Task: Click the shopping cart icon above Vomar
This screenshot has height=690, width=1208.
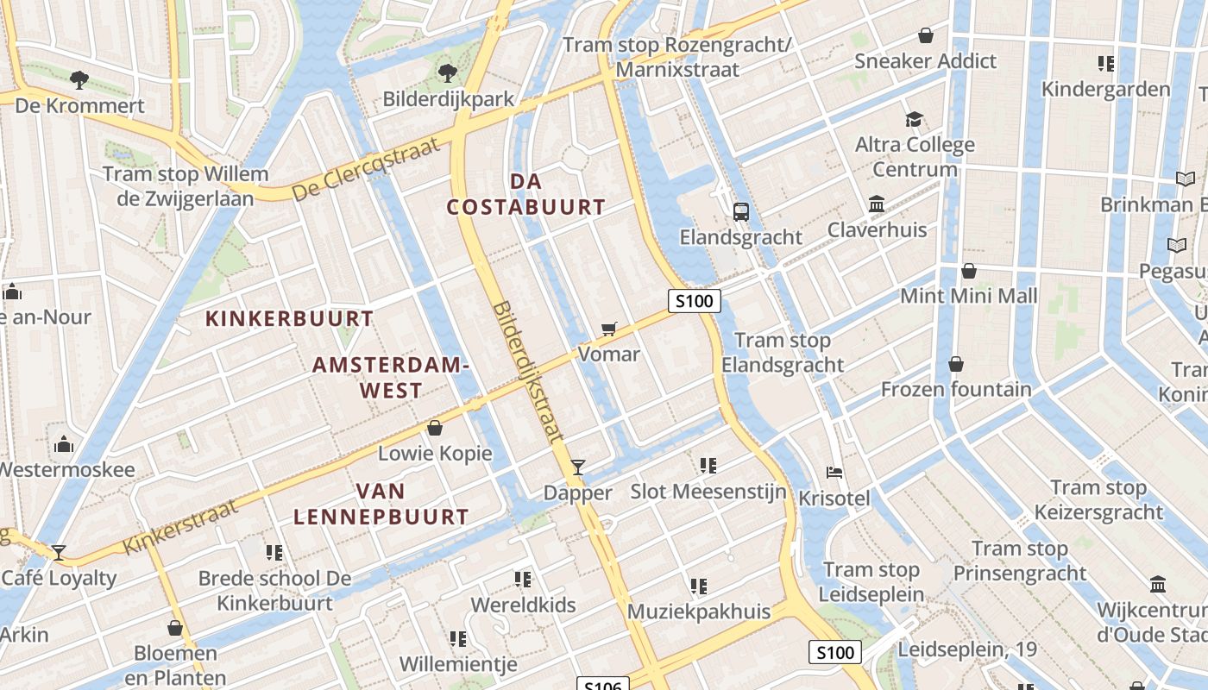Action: [x=609, y=328]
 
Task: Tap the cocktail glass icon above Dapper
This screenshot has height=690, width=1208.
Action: [x=578, y=467]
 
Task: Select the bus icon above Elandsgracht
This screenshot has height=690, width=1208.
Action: [x=740, y=211]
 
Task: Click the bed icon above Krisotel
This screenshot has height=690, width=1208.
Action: [x=834, y=473]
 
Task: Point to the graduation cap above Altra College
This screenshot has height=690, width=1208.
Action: [x=914, y=119]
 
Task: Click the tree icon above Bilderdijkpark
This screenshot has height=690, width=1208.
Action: [x=447, y=73]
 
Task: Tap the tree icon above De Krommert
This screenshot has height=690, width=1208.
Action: [x=79, y=80]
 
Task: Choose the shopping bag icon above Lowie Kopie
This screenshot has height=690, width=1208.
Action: [x=435, y=428]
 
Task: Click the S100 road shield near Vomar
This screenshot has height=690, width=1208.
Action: [x=694, y=301]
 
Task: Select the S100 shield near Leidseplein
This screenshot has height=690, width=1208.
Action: [x=835, y=652]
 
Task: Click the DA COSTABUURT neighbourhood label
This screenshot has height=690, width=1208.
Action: [x=525, y=194]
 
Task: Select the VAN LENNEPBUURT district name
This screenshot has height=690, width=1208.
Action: [x=381, y=505]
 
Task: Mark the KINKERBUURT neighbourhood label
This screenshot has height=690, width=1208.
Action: [x=289, y=318]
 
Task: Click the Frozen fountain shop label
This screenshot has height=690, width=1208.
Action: [x=955, y=389]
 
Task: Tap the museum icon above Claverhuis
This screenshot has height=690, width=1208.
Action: [x=877, y=204]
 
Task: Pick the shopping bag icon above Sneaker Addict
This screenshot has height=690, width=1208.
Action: [x=926, y=35]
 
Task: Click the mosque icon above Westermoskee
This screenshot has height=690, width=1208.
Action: [x=64, y=444]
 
